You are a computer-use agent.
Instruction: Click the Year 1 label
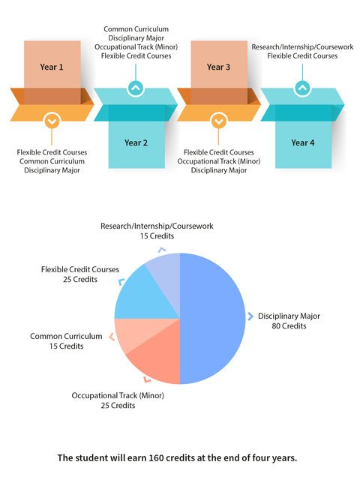[52, 67]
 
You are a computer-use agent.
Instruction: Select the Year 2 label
[136, 142]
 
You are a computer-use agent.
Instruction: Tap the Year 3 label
[218, 67]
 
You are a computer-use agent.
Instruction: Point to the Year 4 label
[303, 142]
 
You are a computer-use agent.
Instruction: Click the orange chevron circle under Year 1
[52, 121]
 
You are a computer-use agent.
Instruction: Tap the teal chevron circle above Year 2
[136, 88]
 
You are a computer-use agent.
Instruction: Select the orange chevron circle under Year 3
[218, 121]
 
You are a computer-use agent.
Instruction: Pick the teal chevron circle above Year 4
[302, 88]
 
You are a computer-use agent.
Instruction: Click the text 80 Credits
[289, 325]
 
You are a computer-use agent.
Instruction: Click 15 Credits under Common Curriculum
[66, 346]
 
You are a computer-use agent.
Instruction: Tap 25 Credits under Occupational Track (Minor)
[118, 405]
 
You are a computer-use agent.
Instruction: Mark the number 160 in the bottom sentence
[157, 457]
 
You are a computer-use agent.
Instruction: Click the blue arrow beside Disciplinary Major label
[250, 316]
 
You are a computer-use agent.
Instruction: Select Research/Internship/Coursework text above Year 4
[302, 46]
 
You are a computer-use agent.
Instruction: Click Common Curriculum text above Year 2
[136, 29]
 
